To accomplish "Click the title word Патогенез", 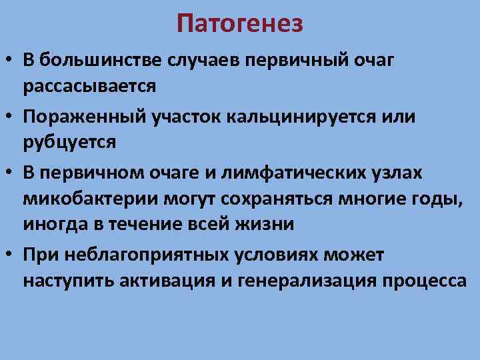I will [x=240, y=24].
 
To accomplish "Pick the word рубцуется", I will [x=69, y=142].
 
